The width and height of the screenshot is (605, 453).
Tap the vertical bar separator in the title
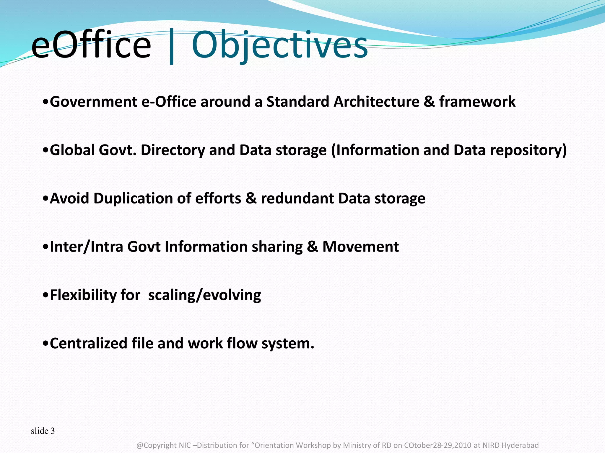pyautogui.click(x=172, y=47)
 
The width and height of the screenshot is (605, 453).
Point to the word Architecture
pyautogui.click(x=376, y=102)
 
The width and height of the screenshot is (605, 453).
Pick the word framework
pyautogui.click(x=477, y=102)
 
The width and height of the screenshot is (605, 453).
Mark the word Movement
pyautogui.click(x=360, y=247)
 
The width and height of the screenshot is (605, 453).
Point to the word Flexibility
pyautogui.click(x=83, y=295)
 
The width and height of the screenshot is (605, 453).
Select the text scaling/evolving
pyautogui.click(x=204, y=295)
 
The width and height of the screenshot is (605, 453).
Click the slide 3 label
pyautogui.click(x=43, y=431)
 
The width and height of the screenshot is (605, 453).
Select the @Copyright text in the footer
pyautogui.click(x=157, y=445)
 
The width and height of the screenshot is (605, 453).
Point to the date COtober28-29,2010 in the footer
pyautogui.click(x=438, y=445)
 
